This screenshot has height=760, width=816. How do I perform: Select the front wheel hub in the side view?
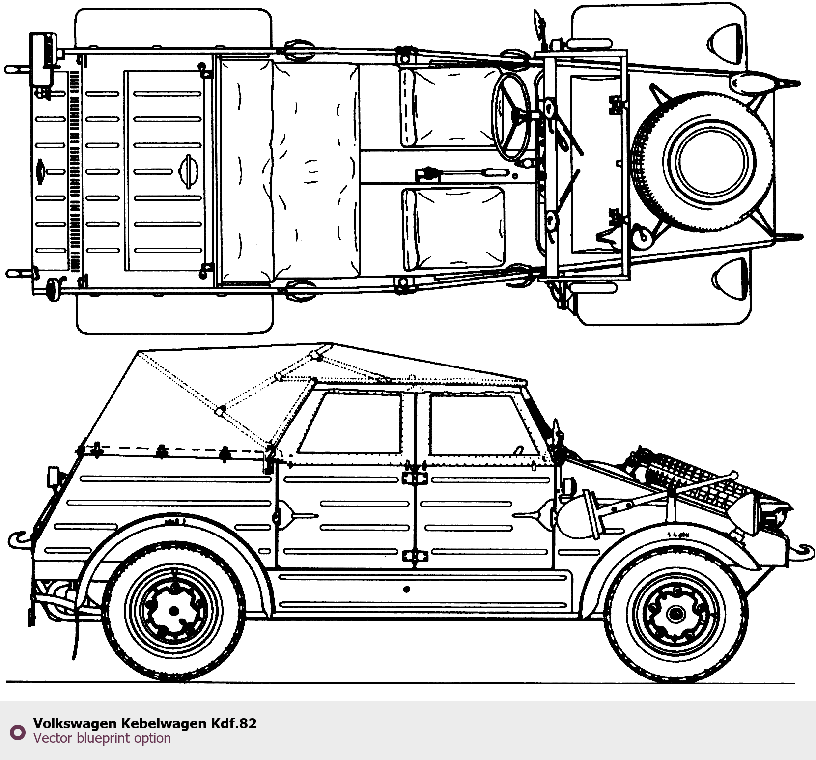(x=675, y=613)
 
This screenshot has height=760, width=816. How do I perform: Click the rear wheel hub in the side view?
(x=173, y=611)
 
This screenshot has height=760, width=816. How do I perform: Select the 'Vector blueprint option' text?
(x=102, y=738)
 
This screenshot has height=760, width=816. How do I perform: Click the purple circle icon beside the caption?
(x=18, y=732)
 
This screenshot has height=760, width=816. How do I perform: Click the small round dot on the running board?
(x=406, y=589)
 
